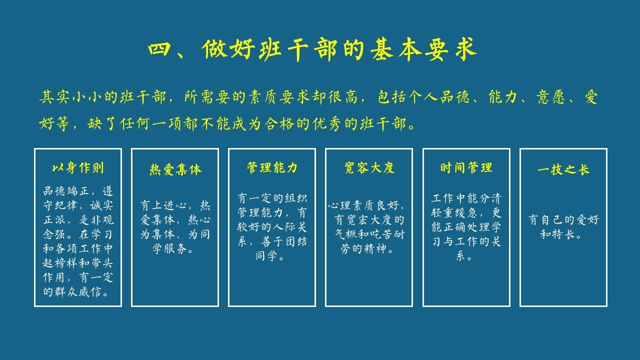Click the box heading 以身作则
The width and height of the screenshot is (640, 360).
(x=78, y=168)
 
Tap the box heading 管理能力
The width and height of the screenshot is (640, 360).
(x=272, y=168)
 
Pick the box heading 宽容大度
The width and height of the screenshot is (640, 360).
(x=369, y=168)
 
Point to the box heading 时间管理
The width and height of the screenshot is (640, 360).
(x=466, y=168)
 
